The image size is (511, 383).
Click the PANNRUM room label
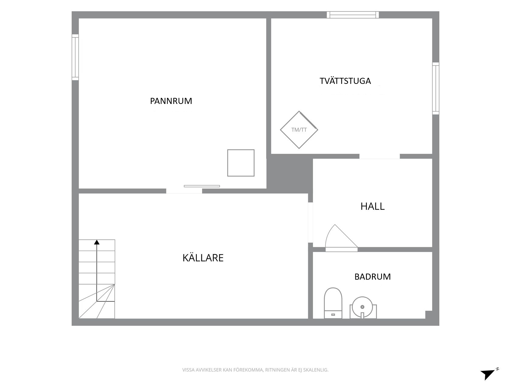pos(171,101)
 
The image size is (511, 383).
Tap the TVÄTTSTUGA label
pos(345,81)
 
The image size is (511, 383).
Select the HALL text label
pos(373,206)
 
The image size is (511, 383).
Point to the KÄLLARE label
pos(203,258)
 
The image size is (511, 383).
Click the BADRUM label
pos(373,277)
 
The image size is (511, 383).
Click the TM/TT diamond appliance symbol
pos(299,130)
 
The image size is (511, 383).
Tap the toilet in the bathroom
pos(333,303)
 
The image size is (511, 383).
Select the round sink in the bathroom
pos(363,307)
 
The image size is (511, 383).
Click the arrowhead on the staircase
pos(97,242)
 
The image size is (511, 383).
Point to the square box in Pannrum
pos(241,163)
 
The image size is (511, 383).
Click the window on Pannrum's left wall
pos(75,57)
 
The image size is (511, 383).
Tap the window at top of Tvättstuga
pos(353,15)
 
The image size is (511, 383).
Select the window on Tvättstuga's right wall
pos(436,88)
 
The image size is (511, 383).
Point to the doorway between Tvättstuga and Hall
pos(380,156)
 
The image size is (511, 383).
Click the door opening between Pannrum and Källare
pos(184,191)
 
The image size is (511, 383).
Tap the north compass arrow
pos(489,374)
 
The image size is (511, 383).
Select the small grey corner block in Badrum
pos(429,315)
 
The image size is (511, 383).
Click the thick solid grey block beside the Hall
pos(290,174)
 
